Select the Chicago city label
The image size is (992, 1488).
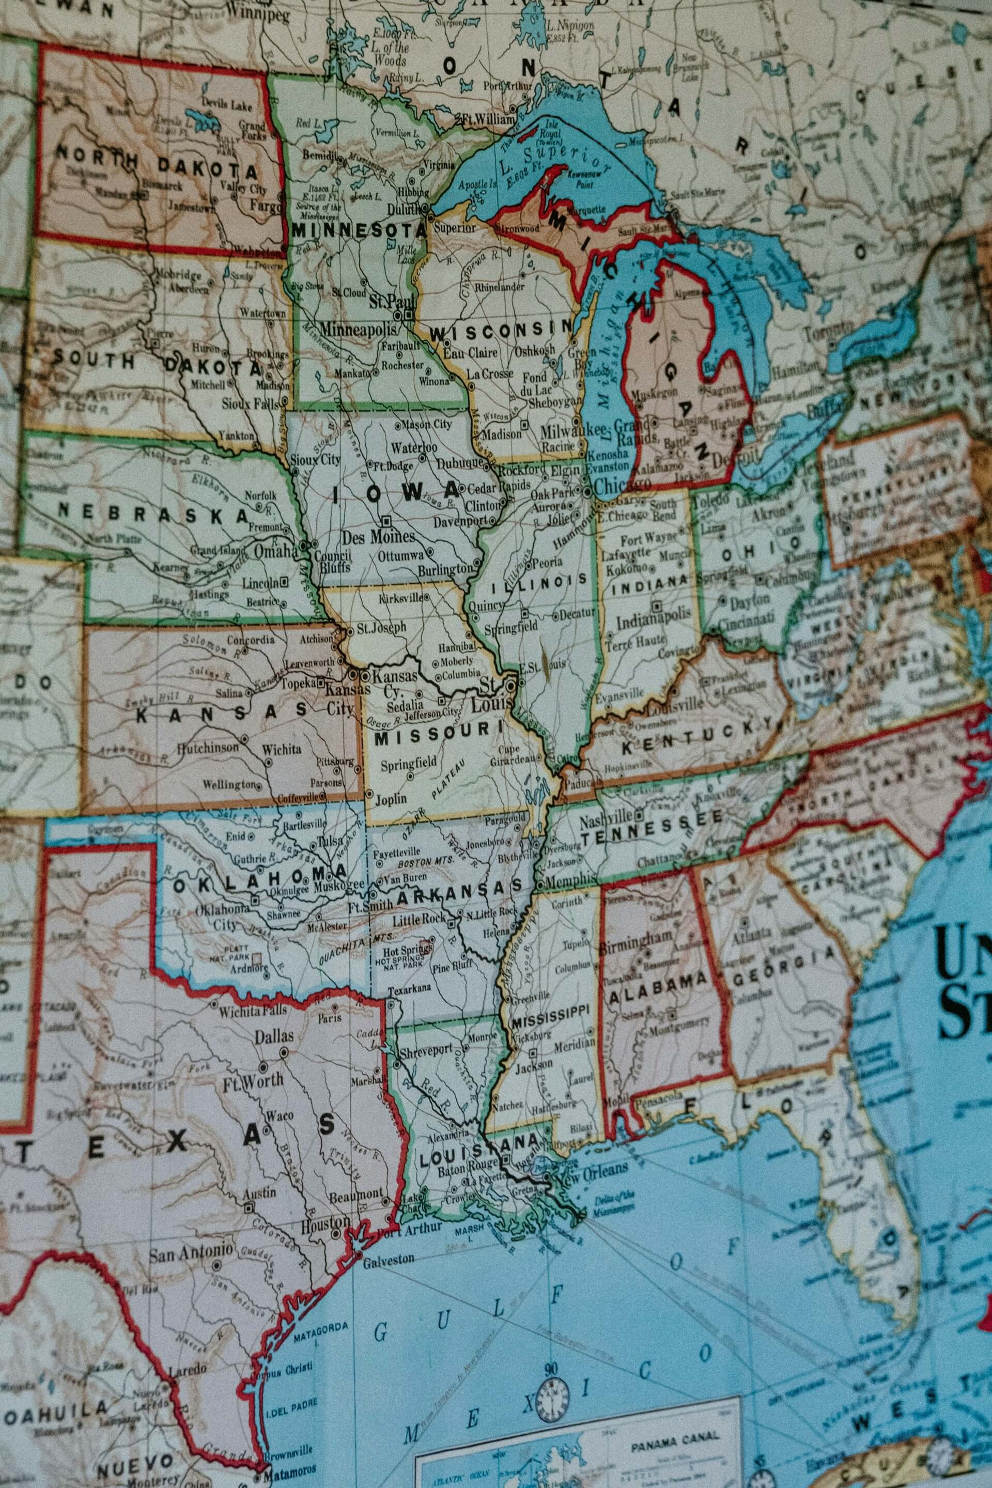point(622,485)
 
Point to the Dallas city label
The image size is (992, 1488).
point(274,1035)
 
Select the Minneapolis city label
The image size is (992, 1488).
point(358,329)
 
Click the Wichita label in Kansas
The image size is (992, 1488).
point(282,749)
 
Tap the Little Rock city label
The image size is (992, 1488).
point(419,919)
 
